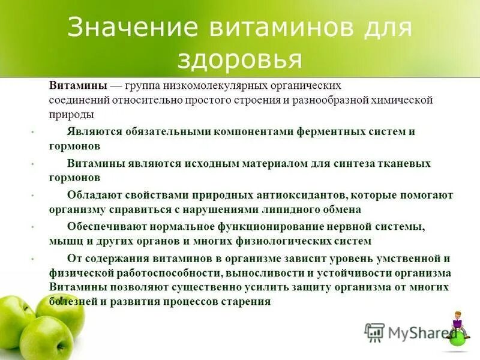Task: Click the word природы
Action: [x=71, y=114]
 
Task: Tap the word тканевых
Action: [x=403, y=163]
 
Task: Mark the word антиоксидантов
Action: [x=295, y=195]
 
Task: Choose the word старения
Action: [x=244, y=302]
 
